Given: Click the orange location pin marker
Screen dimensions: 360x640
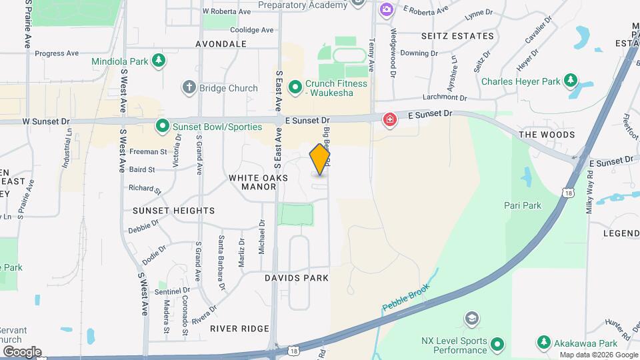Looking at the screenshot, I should [x=320, y=159].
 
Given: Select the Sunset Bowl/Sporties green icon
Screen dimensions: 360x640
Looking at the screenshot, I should [x=161, y=125].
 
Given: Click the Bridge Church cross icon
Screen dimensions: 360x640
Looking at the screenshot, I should [x=189, y=88].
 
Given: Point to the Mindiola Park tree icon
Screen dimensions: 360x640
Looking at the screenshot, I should [x=159, y=61].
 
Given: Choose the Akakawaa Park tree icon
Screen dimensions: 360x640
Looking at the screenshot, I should [x=544, y=343].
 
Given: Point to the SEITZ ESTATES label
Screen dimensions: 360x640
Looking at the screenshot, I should [x=457, y=36].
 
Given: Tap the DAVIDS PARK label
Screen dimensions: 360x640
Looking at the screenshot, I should [x=297, y=277].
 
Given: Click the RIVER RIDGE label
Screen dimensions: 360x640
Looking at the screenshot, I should [x=239, y=329].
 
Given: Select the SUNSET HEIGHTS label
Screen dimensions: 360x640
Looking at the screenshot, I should [x=164, y=211].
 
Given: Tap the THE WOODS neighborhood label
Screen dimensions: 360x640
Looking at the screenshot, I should [x=547, y=135].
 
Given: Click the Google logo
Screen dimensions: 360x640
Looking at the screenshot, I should [x=21, y=351].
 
